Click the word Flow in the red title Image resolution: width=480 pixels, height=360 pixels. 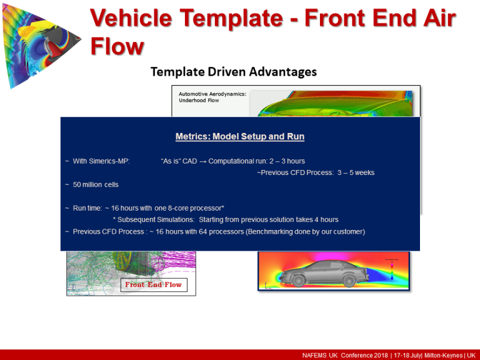117,46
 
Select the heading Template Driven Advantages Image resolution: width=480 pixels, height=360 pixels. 233,72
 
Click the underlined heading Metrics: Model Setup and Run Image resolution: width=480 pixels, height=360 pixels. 240,136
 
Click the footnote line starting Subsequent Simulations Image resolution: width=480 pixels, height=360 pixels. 225,219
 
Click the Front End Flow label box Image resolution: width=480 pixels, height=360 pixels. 153,284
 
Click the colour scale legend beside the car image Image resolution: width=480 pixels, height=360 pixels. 392,265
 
